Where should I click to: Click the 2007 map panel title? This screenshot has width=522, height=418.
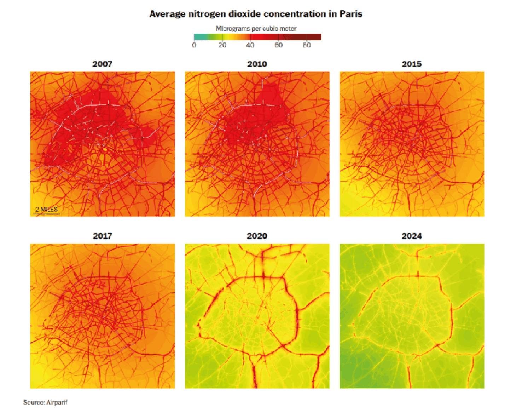click(102, 64)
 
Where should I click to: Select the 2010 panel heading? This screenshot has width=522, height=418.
click(257, 64)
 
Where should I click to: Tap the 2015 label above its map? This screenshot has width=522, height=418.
click(412, 64)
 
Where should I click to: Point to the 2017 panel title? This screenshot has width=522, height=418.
click(102, 236)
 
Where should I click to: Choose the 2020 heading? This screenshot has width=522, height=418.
click(257, 236)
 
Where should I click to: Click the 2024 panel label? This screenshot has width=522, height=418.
click(412, 236)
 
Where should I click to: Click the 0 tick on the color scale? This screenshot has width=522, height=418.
click(194, 45)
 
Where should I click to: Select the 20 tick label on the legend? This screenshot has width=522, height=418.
click(222, 45)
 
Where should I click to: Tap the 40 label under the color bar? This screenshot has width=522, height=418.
click(250, 45)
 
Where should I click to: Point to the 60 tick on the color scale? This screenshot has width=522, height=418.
click(279, 45)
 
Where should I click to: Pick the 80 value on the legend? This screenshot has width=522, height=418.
click(307, 45)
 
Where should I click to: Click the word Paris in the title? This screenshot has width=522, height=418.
click(351, 14)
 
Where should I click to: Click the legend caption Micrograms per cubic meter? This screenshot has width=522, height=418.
click(256, 29)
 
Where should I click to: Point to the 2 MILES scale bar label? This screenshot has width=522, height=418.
click(46, 209)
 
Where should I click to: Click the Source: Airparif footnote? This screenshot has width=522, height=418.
click(45, 402)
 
